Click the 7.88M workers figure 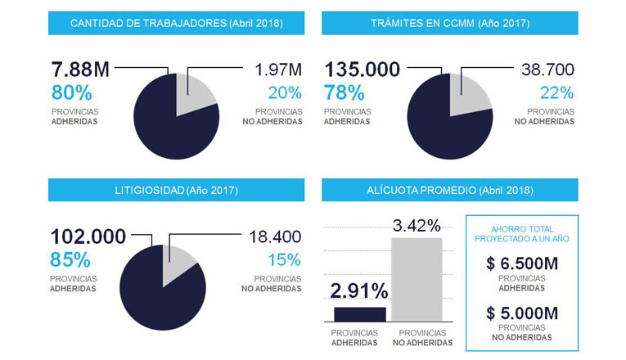click(x=80, y=70)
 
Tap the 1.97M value click(x=278, y=70)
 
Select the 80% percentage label click(x=72, y=93)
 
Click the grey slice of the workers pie click(x=194, y=92)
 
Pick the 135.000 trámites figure click(x=363, y=70)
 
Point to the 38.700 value click(x=547, y=70)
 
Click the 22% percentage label click(x=557, y=93)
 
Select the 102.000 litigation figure click(x=88, y=236)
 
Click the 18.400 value click(x=275, y=236)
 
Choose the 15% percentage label click(x=284, y=260)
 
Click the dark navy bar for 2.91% click(x=360, y=314)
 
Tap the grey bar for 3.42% click(x=417, y=280)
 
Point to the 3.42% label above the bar click(x=417, y=226)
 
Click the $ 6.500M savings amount click(x=522, y=263)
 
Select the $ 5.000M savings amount click(x=522, y=313)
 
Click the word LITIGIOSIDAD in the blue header click(x=149, y=191)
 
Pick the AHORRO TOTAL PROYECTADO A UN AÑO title click(x=522, y=234)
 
